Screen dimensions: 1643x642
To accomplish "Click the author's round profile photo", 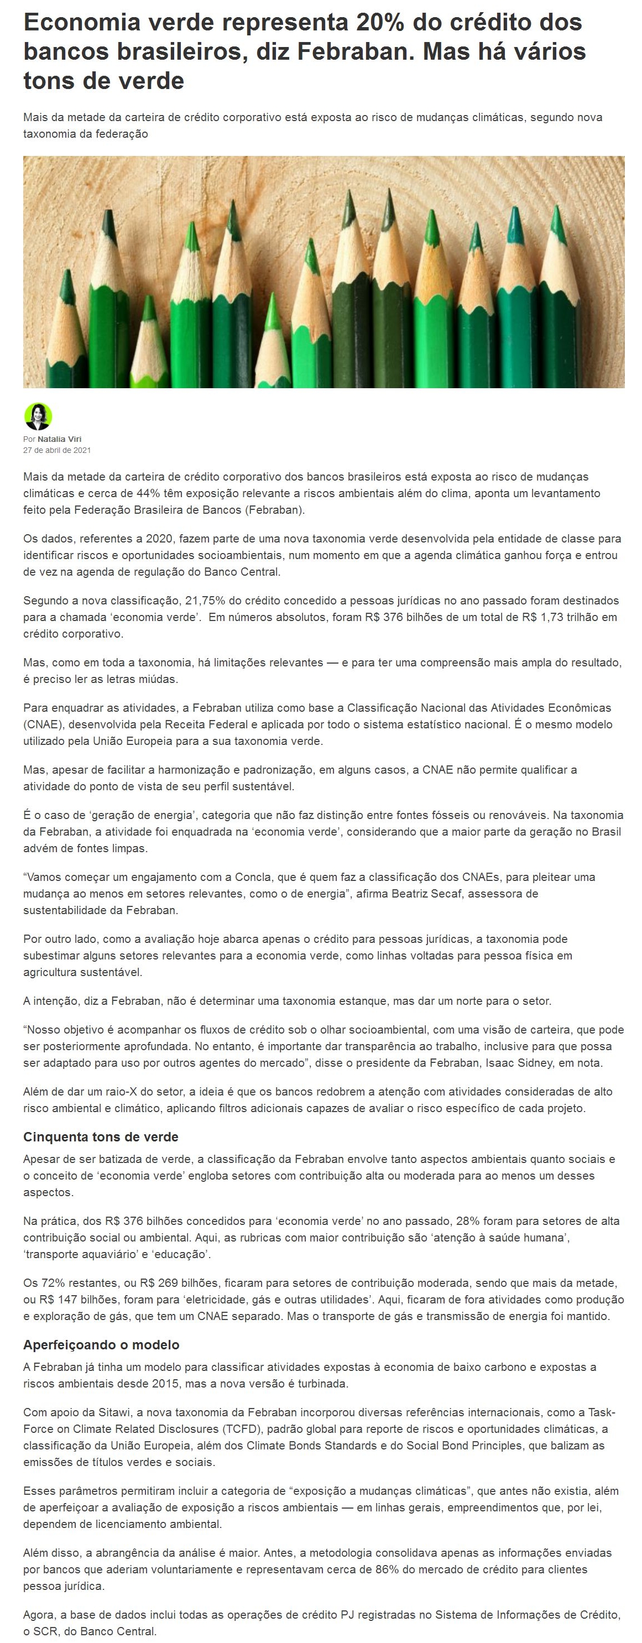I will point(38,416).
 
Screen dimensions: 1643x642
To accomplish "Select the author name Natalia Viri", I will point(59,439).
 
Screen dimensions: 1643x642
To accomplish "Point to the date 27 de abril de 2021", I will point(57,450).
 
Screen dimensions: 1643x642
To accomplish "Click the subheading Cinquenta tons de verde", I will point(101,1136).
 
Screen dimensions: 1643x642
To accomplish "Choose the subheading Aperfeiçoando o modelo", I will point(101,1344).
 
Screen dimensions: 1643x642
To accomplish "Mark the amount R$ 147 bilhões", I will point(80,1299).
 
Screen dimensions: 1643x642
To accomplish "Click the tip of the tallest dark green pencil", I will point(388,195).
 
